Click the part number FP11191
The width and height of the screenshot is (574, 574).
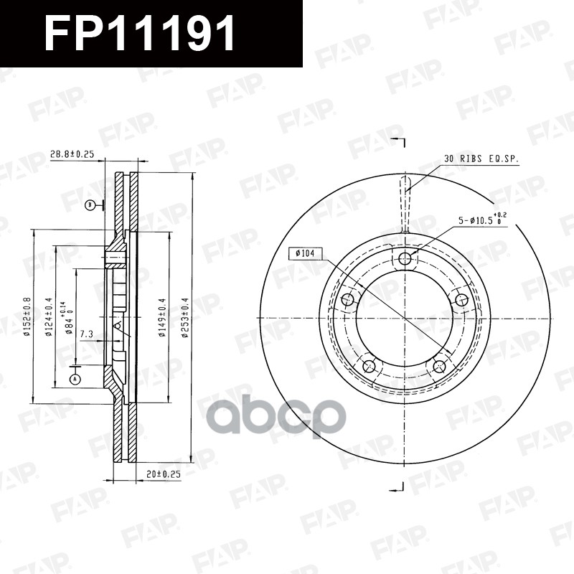[x=141, y=34]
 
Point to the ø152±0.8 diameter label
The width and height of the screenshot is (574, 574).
[x=26, y=316]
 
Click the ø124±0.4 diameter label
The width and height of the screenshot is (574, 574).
[x=48, y=316]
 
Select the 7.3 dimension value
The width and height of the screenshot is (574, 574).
[x=86, y=333]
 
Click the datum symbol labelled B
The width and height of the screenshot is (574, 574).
[x=90, y=205]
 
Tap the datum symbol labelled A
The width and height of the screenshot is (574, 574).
[x=74, y=378]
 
